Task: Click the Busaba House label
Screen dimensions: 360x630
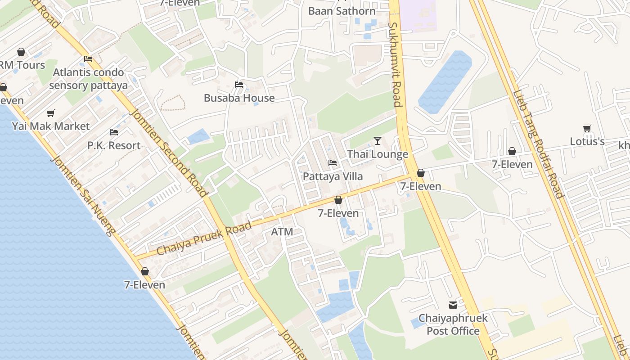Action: tap(239, 98)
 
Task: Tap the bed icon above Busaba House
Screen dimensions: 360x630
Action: tap(239, 85)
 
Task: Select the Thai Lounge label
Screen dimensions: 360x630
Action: tap(377, 154)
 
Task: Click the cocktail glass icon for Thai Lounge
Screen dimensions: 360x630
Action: tap(378, 141)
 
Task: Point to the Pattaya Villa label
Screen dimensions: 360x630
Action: tap(333, 176)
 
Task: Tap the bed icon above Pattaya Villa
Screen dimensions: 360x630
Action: tap(333, 163)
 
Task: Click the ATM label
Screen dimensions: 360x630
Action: tap(282, 232)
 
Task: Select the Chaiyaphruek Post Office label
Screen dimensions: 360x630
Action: tap(453, 324)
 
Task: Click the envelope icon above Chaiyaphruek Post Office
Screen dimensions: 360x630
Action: tap(453, 305)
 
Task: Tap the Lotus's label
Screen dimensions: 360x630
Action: tap(587, 141)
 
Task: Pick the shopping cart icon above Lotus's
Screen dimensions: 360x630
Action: tap(587, 129)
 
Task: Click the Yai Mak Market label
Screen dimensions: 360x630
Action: tap(51, 126)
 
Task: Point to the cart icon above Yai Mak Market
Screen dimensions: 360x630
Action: tap(51, 113)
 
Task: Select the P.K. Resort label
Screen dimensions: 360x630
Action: tap(114, 145)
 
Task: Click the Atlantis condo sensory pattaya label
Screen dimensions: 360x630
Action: tap(88, 79)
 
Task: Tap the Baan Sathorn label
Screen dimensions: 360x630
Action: tap(342, 11)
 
